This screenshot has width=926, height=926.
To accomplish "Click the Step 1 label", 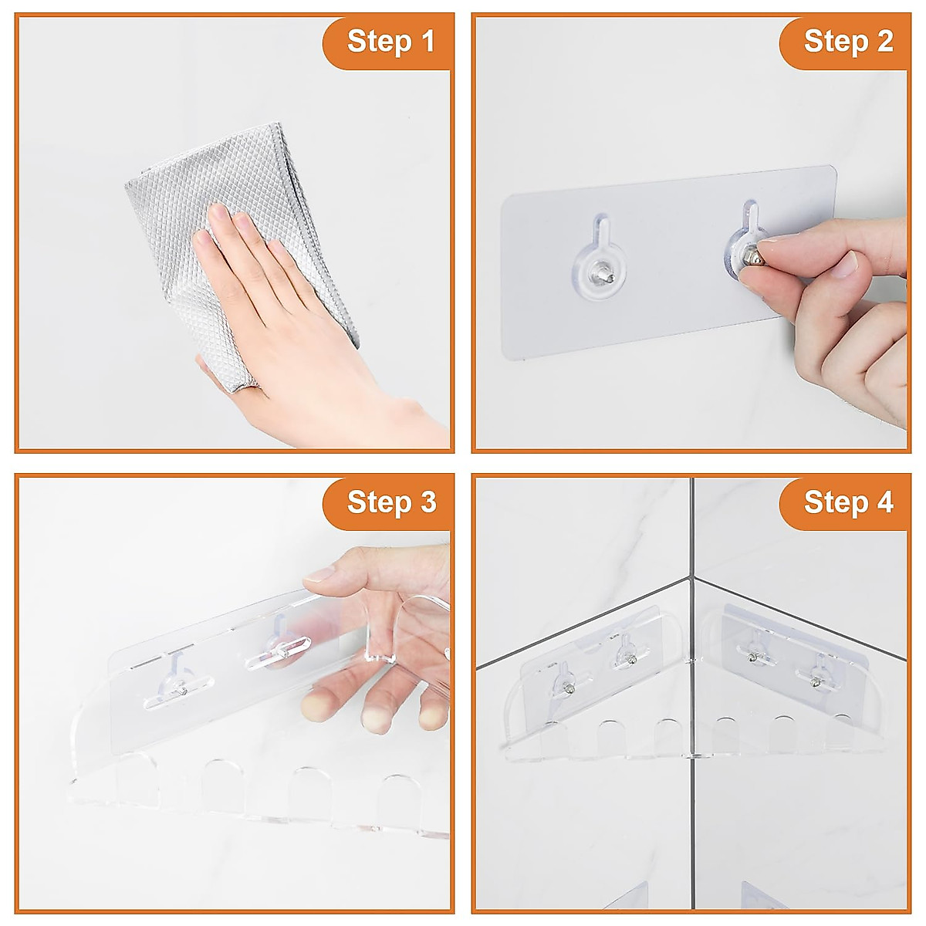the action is tap(390, 42).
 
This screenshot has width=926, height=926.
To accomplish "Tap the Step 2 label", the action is tap(848, 42).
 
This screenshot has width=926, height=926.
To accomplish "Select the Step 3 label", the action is tap(392, 502).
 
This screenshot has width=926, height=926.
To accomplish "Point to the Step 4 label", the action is tap(849, 502).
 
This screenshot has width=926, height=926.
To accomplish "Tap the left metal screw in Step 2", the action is tap(600, 274).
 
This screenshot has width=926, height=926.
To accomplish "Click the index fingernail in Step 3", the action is tap(319, 574).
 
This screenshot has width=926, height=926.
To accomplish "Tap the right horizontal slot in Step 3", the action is tap(278, 652).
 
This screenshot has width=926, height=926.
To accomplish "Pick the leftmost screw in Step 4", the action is tap(569, 691).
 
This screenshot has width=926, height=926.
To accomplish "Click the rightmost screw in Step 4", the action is tap(816, 681).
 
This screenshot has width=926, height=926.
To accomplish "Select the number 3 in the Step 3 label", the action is tap(428, 502).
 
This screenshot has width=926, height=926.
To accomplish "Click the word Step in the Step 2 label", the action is tap(836, 42).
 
